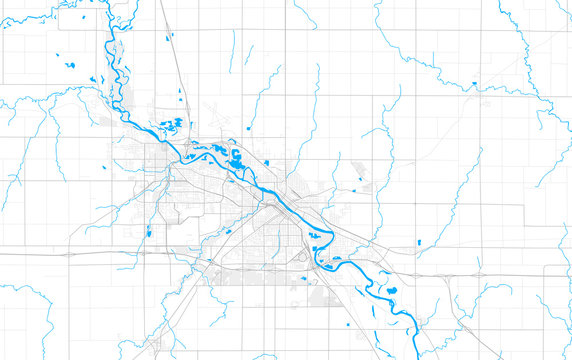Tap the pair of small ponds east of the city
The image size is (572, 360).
pyautogui.click(x=358, y=186)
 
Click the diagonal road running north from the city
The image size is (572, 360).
pyautogui.click(x=176, y=50)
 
